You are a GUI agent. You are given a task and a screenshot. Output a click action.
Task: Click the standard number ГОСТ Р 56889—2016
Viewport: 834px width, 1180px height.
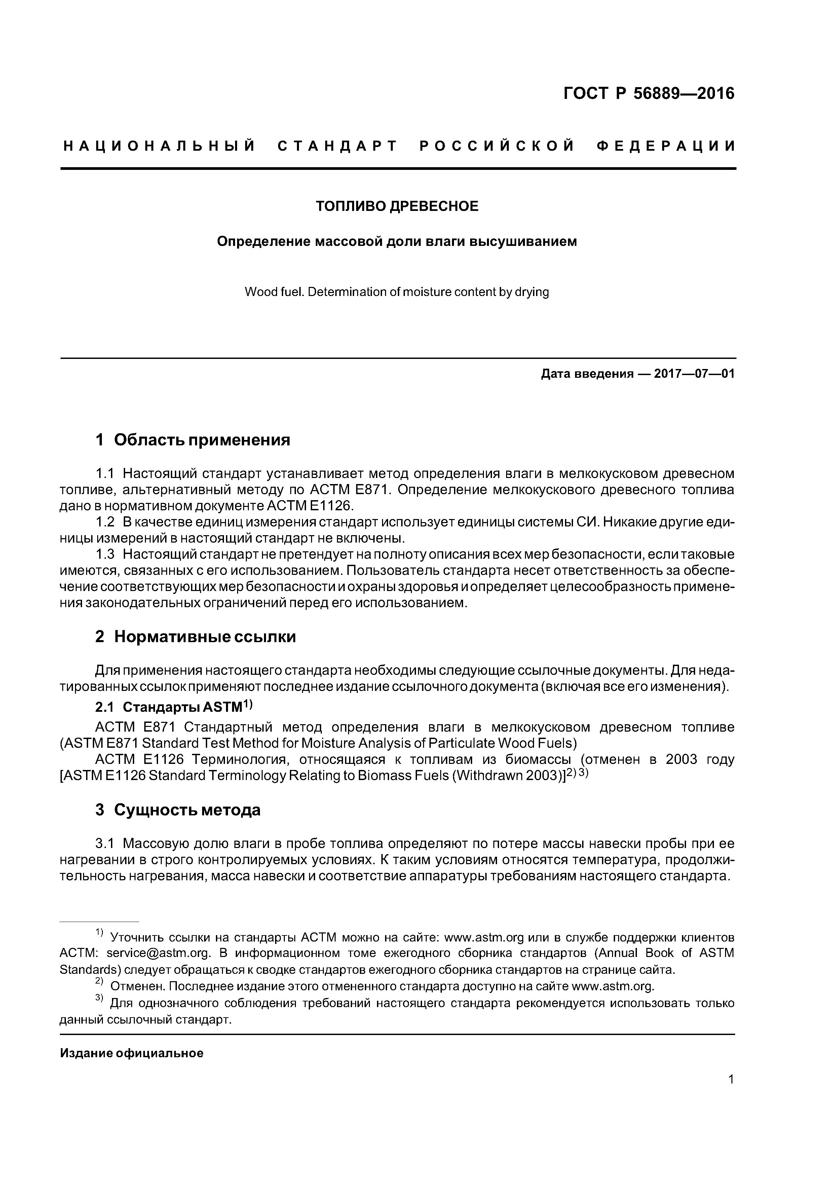pyautogui.click(x=648, y=94)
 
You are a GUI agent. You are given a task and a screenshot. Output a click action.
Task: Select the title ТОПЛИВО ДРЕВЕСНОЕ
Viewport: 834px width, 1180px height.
pyautogui.click(x=397, y=206)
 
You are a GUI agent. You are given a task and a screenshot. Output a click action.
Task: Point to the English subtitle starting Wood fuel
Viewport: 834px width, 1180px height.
pyautogui.click(x=397, y=292)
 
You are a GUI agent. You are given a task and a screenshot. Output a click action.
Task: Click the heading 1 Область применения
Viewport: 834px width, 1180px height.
pyautogui.click(x=193, y=440)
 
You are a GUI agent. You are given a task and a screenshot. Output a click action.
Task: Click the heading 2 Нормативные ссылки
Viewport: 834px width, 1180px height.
pyautogui.click(x=195, y=637)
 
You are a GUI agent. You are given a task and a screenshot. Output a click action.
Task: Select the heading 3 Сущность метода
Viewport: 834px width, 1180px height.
pyautogui.click(x=178, y=810)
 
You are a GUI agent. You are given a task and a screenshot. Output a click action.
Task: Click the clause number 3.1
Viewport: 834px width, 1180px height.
pyautogui.click(x=104, y=844)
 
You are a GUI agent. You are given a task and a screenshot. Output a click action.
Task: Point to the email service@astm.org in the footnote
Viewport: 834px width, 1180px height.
pyautogui.click(x=159, y=953)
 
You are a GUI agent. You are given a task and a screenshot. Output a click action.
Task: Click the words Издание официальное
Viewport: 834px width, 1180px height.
pyautogui.click(x=131, y=1054)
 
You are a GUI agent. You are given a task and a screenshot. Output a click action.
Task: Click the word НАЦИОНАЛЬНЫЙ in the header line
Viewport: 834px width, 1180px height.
pyautogui.click(x=159, y=146)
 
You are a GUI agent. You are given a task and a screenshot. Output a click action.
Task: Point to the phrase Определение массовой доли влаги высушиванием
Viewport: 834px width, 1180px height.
pyautogui.click(x=397, y=242)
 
